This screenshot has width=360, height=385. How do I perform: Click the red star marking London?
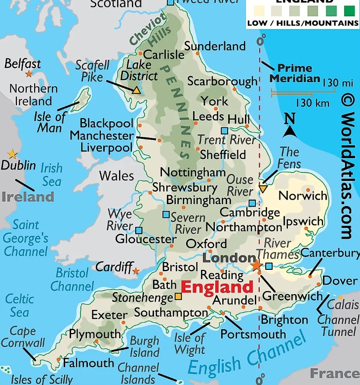point(256,265)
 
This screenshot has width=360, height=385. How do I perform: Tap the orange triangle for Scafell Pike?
point(136,90)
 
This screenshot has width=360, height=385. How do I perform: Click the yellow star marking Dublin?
point(12,155)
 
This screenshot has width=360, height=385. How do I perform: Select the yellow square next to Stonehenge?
point(178,297)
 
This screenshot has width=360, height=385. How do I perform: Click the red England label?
point(217,287)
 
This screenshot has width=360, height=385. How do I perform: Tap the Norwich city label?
point(303,195)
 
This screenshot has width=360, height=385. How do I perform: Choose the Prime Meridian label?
point(294,73)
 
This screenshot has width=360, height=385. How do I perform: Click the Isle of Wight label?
point(190,343)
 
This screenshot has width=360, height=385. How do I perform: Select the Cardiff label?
point(114,267)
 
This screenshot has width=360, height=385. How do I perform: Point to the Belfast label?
point(23,63)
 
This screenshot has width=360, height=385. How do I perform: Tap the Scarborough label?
point(222,81)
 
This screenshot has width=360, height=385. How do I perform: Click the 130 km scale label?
point(313,103)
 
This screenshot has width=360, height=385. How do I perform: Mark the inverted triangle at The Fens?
point(263,188)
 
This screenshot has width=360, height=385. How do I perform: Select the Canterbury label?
point(330,253)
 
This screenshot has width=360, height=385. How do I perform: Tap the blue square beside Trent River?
point(225,130)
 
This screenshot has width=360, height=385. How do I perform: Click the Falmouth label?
point(88,363)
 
